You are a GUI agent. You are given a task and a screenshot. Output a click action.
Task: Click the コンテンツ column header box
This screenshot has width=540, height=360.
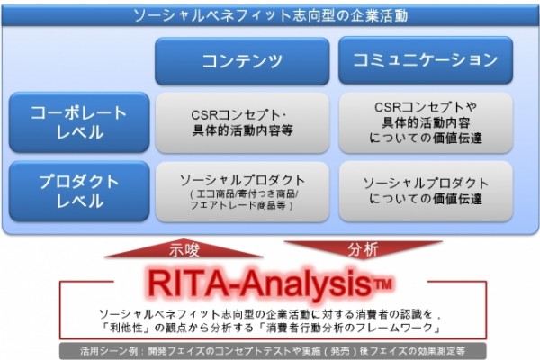click(x=242, y=61)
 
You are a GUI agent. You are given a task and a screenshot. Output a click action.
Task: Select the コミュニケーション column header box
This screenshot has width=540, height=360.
click(x=426, y=60)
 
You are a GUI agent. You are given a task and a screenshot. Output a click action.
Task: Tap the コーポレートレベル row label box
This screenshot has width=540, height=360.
click(x=79, y=122)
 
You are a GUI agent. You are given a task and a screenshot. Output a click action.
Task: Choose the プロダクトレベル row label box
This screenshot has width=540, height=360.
click(x=79, y=191)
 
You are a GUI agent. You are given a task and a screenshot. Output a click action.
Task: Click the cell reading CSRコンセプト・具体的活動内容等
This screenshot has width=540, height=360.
click(x=242, y=122)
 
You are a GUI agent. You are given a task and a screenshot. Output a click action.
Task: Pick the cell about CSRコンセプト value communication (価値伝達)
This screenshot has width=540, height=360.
click(x=426, y=122)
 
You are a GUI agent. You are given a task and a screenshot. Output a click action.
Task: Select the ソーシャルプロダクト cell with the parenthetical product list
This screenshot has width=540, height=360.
click(x=242, y=192)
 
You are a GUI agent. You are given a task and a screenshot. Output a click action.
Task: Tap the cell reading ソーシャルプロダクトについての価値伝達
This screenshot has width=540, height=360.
click(x=426, y=192)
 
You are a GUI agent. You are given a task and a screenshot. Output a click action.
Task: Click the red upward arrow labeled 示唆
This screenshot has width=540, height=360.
click(x=184, y=248)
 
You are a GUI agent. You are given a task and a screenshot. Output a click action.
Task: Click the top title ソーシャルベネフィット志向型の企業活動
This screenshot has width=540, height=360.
click(x=270, y=15)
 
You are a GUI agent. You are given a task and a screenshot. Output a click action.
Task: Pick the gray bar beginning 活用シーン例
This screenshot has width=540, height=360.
click(x=273, y=351)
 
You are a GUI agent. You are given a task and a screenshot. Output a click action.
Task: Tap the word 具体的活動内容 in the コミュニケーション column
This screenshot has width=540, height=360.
click(x=426, y=122)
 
